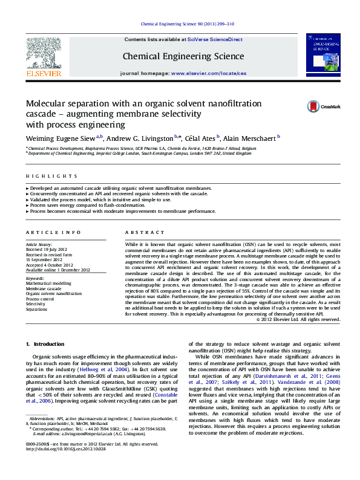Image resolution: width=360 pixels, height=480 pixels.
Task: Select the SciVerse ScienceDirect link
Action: pos(215,39)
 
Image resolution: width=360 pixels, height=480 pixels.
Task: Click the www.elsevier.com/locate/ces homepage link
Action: pos(209,73)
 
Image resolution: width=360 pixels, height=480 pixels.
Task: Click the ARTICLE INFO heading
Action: pos(53,232)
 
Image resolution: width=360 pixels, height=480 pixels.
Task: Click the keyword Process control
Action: pos(39,299)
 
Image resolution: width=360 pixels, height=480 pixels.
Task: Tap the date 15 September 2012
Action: pos(44,259)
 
